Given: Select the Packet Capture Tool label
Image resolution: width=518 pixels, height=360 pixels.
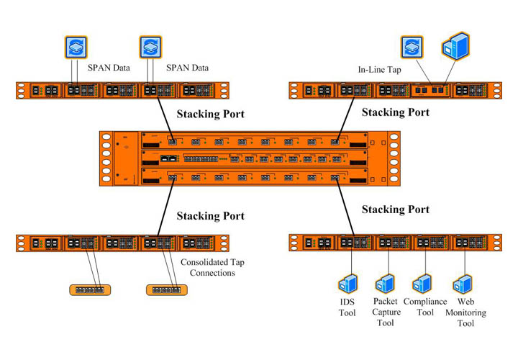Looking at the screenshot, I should point(386,312).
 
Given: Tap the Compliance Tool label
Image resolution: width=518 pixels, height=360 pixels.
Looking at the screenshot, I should point(425,307).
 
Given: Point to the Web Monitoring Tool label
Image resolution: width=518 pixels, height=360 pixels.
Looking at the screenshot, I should point(465,312).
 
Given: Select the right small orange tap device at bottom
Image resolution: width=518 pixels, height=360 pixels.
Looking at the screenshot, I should point(167,289).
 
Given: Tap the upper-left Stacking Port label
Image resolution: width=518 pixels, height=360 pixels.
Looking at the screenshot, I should point(210,113).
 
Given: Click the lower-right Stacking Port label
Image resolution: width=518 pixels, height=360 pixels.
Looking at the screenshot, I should point(395,210).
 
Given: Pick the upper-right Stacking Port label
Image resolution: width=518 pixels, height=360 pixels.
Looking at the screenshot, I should point(395,112).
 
